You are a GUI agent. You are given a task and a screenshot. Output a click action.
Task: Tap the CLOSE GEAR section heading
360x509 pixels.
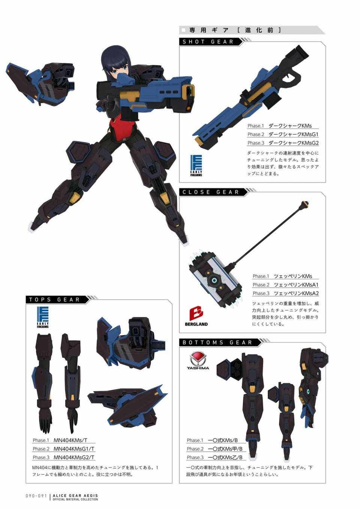211,192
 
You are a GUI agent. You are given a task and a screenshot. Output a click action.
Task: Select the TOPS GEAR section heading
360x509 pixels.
54,299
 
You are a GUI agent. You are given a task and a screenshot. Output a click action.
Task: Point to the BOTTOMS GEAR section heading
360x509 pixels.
217,343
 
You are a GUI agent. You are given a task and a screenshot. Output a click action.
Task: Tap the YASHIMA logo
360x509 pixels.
198,361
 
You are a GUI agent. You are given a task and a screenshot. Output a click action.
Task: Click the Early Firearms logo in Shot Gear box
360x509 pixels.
196,166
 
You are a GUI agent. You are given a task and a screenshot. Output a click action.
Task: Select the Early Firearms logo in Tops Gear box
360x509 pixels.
43,317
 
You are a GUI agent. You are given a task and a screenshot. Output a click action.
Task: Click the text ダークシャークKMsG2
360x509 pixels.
294,143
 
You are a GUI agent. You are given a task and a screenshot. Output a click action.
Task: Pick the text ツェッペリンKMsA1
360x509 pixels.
296,285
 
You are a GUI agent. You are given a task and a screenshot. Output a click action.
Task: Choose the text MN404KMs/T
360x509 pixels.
70,440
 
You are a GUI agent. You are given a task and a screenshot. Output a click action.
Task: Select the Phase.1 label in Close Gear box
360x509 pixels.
261,276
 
